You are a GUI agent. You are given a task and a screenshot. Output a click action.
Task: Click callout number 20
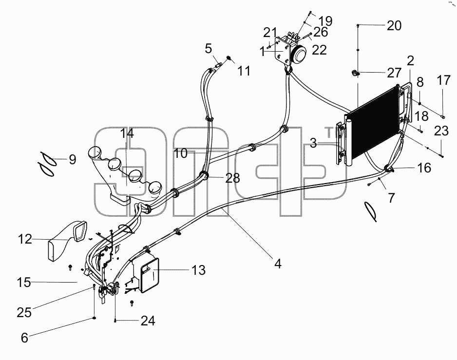(x=394, y=26)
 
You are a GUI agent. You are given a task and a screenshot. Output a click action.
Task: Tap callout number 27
(x=394, y=73)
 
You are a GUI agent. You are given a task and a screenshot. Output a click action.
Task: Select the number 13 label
(x=198, y=270)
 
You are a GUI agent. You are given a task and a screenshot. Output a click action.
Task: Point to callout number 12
(x=24, y=239)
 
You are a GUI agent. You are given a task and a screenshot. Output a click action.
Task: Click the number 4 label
(x=278, y=264)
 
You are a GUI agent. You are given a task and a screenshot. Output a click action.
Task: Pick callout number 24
(x=148, y=321)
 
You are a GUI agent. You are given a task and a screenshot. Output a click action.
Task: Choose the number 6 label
(x=24, y=338)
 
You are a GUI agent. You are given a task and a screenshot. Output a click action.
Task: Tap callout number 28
(x=232, y=178)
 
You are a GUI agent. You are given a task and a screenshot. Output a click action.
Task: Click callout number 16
(x=424, y=168)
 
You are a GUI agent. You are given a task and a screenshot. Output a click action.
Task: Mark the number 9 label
(x=73, y=160)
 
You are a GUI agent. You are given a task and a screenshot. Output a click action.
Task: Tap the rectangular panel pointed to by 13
(x=150, y=275)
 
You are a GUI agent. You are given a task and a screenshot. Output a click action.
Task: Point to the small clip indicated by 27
(x=355, y=73)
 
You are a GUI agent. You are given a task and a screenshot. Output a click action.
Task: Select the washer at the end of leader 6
(x=94, y=318)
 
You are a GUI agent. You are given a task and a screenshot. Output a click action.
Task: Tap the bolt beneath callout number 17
(x=443, y=117)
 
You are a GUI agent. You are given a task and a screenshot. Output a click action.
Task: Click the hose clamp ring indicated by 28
(x=204, y=175)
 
